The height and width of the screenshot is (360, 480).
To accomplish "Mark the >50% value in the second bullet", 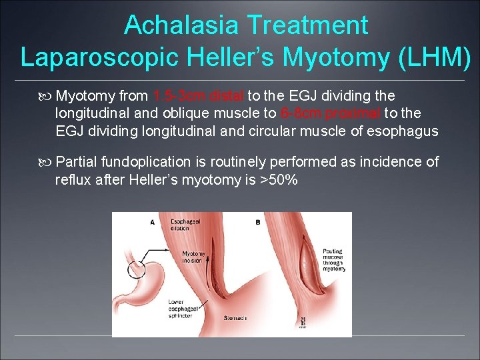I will (x=279, y=179).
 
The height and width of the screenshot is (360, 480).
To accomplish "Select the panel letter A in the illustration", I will (x=153, y=222).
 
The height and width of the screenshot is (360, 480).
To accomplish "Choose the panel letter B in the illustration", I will (x=257, y=222).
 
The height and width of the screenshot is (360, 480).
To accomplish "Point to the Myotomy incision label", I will (x=193, y=257).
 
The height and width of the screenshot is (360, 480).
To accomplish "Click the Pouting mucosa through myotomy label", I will (x=333, y=261).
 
